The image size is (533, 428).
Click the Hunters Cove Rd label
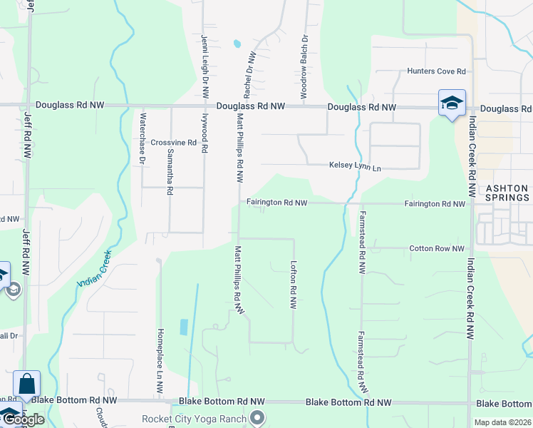(436, 71)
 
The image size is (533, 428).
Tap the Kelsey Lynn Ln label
(355, 167)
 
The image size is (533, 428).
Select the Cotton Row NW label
(437, 249)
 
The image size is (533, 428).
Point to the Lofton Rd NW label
(293, 284)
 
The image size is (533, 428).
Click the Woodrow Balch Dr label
(304, 58)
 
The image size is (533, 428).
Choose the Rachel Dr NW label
(249, 74)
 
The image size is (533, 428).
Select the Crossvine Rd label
(173, 143)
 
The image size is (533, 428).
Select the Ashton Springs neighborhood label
(507, 193)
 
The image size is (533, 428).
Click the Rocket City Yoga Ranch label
(194, 419)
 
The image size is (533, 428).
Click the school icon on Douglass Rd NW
(452, 104)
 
